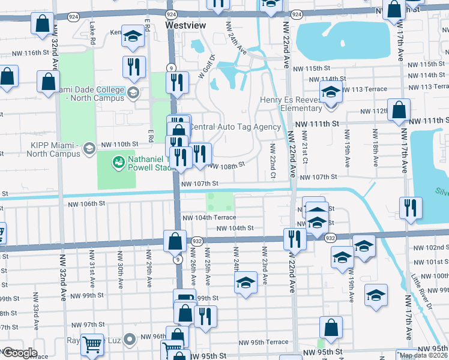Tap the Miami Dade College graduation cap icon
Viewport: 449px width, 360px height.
[133, 92]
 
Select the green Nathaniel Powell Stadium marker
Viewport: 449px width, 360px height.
[118, 161]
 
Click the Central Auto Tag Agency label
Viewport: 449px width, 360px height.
[235, 127]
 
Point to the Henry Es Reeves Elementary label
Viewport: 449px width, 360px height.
[291, 104]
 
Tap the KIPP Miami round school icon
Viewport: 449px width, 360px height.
[89, 148]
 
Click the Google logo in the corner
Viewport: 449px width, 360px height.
[20, 352]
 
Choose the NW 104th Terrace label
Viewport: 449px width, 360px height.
[209, 218]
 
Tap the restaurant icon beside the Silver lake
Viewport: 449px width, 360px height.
[410, 208]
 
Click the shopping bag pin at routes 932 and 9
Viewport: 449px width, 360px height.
[174, 241]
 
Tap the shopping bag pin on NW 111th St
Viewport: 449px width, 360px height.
[399, 110]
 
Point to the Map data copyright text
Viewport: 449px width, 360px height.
[423, 355]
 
